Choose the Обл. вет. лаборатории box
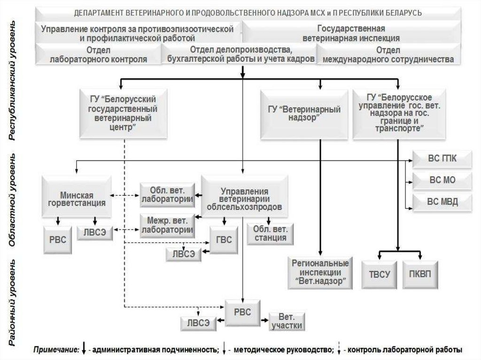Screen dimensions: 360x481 [168, 195]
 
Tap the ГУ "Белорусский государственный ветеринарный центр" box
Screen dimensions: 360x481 [122, 113]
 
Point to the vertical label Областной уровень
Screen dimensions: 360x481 [15, 199]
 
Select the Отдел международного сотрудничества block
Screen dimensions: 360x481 [388, 55]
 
